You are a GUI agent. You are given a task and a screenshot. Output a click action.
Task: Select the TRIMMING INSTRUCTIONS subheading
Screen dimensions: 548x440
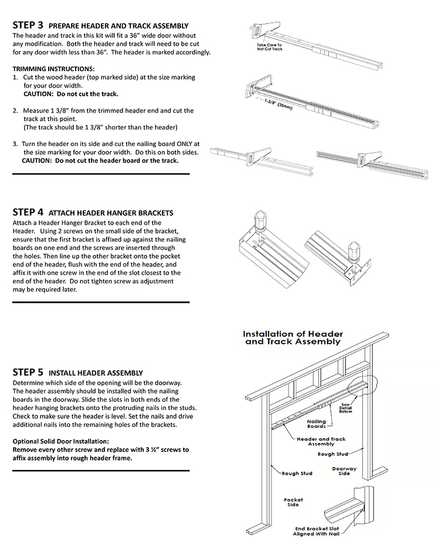(x=53, y=69)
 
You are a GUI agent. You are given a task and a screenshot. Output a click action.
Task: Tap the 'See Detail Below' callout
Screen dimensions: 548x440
(x=346, y=406)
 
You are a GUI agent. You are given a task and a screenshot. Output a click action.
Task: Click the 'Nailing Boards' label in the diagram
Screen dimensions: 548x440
(x=316, y=424)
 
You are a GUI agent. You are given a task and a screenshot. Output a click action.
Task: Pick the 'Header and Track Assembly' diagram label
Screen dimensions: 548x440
(x=321, y=441)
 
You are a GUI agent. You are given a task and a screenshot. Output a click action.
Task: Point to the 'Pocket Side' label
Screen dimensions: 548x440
(x=293, y=503)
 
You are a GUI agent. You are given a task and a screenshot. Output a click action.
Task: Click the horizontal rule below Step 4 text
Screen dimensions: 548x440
(x=101, y=302)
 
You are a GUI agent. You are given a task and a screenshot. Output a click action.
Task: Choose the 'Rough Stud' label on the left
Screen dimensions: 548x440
(x=297, y=473)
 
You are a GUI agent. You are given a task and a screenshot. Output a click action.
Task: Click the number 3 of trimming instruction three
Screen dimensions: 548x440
(x=15, y=144)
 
